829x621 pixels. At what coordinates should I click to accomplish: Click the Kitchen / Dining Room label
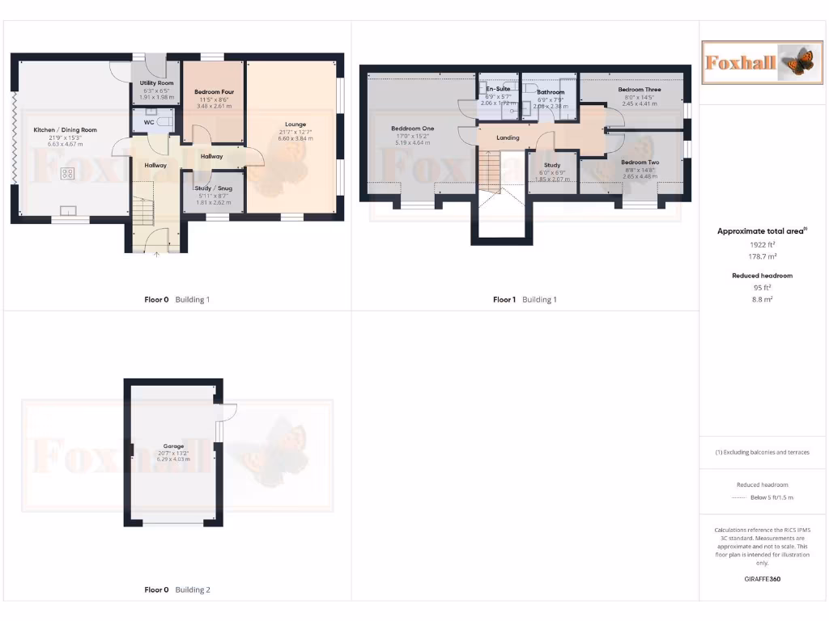65,130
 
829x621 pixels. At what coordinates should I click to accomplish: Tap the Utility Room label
156,83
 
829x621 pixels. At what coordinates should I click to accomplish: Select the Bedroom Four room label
214,92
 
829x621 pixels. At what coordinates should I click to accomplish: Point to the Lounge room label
295,125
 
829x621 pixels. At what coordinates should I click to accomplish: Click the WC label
149,122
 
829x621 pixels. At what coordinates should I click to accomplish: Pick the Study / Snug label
214,188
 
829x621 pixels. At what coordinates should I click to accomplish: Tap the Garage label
173,446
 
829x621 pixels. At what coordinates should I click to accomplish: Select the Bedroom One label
412,129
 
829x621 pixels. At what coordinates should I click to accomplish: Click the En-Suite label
498,88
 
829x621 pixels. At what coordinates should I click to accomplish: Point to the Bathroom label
551,92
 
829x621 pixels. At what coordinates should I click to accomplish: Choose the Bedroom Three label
640,90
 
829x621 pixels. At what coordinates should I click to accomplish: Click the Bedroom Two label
640,163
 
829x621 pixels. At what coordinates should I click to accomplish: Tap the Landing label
508,138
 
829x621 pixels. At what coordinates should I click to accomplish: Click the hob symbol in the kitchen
68,172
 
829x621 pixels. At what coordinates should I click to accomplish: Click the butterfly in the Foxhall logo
789,61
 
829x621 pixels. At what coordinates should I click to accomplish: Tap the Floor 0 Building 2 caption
176,590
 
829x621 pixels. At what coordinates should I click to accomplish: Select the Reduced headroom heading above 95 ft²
762,276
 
